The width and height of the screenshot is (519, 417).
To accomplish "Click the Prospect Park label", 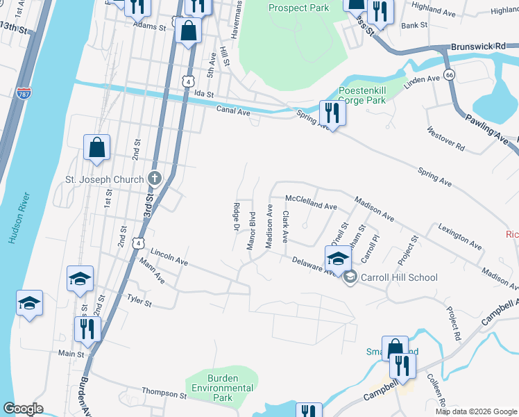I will (x=299, y=8).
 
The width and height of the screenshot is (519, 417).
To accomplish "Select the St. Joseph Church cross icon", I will (x=154, y=179).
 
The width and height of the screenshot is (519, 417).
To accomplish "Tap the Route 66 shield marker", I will (x=450, y=74).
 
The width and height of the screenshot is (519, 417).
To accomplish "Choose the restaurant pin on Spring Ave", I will (x=333, y=113).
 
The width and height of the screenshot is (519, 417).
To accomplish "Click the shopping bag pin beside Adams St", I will (x=189, y=31).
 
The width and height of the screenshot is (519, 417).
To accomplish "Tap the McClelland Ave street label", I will (x=312, y=206).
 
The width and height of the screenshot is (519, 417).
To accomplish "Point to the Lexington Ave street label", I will (x=459, y=237).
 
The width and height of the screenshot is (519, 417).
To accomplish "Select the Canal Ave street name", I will (x=232, y=111).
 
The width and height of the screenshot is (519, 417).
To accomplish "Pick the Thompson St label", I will (x=164, y=394).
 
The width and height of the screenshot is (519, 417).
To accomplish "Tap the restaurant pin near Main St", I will (x=87, y=329).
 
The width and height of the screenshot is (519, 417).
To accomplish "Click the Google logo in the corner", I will (x=24, y=409).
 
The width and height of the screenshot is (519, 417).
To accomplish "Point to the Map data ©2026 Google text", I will (x=476, y=411).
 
